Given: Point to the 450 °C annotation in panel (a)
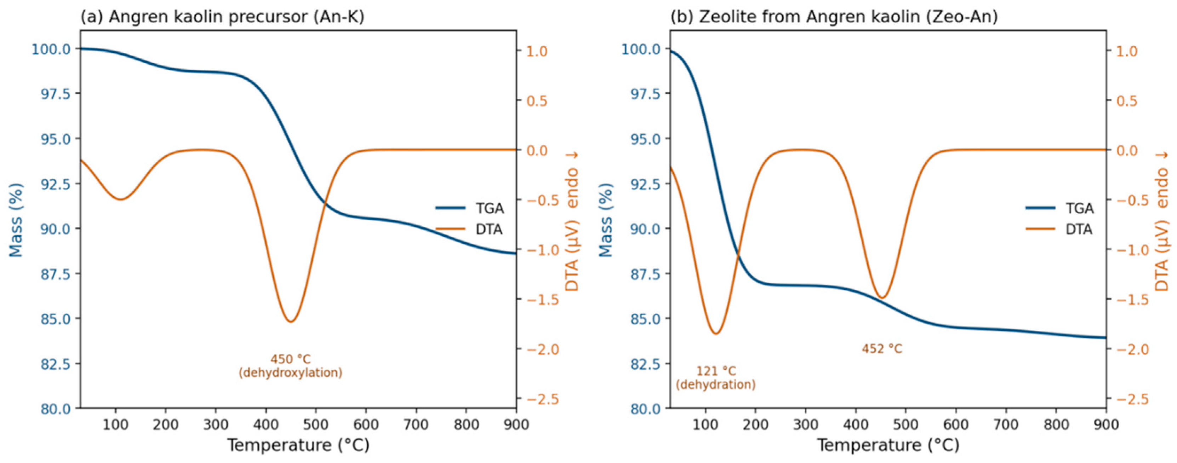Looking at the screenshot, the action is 291,359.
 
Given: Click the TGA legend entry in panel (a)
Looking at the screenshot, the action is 470,209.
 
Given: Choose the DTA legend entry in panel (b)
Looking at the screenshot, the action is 1059,229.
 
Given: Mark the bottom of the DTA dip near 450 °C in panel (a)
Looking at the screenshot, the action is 291,322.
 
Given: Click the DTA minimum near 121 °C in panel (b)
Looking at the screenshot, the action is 716,334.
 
